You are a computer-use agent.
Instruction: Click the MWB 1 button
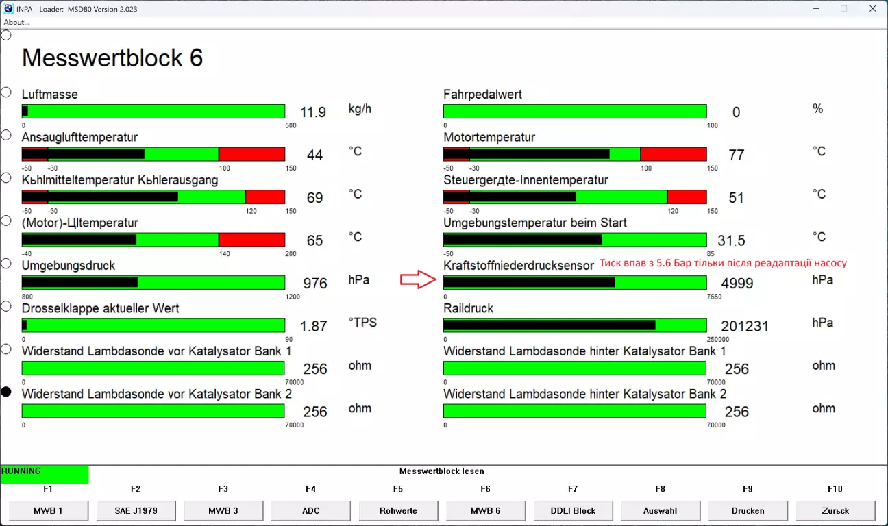(48, 510)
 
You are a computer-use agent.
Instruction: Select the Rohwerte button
(398, 510)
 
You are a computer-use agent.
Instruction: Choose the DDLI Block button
(573, 510)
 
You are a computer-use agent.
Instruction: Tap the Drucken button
(748, 510)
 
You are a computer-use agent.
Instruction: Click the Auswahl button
(660, 510)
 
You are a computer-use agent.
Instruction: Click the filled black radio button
(6, 392)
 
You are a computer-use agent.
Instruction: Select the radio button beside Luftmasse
(6, 92)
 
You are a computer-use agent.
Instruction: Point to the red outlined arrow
(418, 279)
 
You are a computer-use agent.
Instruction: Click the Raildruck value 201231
(745, 326)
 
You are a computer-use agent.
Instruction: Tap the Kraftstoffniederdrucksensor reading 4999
(737, 283)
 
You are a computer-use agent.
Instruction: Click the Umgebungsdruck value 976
(315, 283)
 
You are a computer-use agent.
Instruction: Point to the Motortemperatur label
(489, 137)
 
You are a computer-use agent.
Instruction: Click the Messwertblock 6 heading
(112, 58)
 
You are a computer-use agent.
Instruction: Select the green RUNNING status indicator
(45, 474)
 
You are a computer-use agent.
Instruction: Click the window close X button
(872, 8)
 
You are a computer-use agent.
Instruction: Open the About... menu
(16, 22)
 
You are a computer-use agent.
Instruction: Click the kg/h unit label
(360, 109)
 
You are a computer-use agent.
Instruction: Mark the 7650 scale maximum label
(714, 297)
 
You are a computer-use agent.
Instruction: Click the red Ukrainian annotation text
(723, 263)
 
